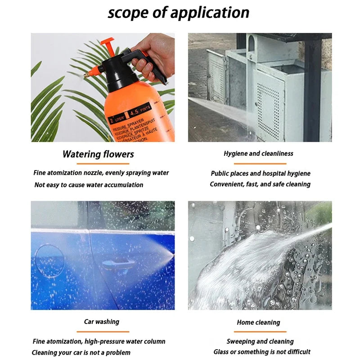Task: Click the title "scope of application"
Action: pyautogui.click(x=179, y=12)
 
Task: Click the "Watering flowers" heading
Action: pyautogui.click(x=98, y=154)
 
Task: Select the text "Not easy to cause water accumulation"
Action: pyautogui.click(x=89, y=185)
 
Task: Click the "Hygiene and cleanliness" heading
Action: pyautogui.click(x=258, y=154)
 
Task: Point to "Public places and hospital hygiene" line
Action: pyautogui.click(x=261, y=174)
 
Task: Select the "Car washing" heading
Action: pyautogui.click(x=102, y=322)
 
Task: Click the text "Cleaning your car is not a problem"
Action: pyautogui.click(x=81, y=352)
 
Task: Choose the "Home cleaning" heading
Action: pyautogui.click(x=258, y=323)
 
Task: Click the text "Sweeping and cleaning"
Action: pyautogui.click(x=260, y=342)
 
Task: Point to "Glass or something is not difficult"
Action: pyautogui.click(x=262, y=352)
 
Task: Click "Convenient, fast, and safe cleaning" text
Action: pyautogui.click(x=260, y=184)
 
